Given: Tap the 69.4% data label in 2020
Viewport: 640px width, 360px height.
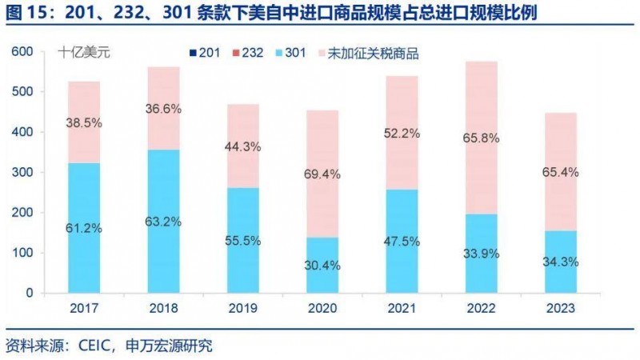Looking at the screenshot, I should tap(324, 173).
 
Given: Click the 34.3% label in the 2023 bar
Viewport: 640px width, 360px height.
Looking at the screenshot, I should tap(560, 262).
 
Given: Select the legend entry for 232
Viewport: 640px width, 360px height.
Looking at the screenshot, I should tap(245, 54).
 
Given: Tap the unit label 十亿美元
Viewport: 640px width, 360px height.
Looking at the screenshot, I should tap(84, 54).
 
